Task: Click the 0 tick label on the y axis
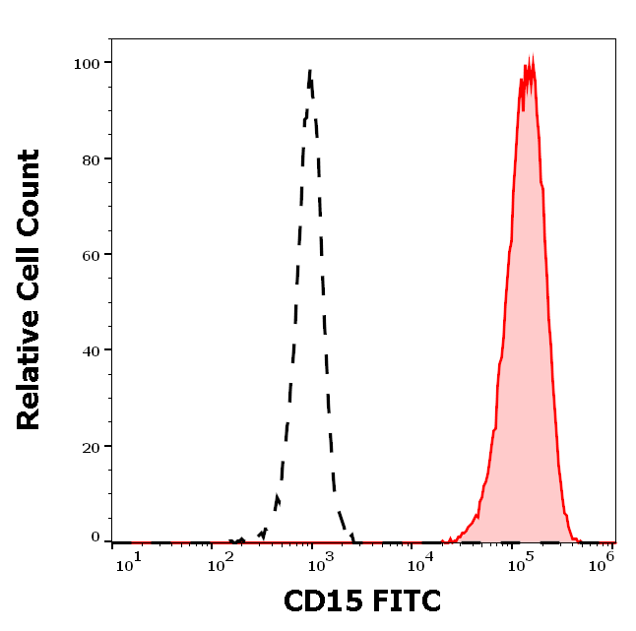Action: click(x=96, y=537)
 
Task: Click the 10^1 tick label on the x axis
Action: click(x=127, y=561)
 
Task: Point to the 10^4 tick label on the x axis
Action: click(x=420, y=561)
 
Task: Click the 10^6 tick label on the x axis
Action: click(x=604, y=559)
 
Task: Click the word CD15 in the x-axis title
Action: click(x=316, y=600)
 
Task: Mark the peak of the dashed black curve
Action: click(x=310, y=71)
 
